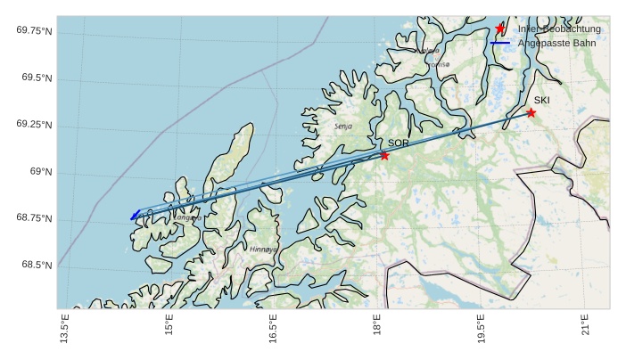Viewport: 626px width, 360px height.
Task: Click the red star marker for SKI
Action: (x=531, y=112)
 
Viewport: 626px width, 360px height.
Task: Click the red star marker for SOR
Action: (x=384, y=155)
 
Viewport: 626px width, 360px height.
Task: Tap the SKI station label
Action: (x=542, y=100)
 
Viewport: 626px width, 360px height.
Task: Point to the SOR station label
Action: (x=398, y=143)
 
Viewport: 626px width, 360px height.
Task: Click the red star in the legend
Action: (x=500, y=29)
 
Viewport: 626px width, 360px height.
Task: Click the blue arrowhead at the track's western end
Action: (x=133, y=217)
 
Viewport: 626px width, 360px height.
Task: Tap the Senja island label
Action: (x=343, y=127)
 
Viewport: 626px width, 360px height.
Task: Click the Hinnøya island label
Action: (x=263, y=250)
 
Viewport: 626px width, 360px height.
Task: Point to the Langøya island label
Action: (x=187, y=217)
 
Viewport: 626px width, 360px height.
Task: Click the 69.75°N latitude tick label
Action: (x=34, y=31)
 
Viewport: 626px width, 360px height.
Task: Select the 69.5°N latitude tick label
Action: (x=37, y=78)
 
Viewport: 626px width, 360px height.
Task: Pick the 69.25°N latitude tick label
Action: (x=34, y=125)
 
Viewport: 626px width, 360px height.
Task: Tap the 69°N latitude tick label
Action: (x=41, y=172)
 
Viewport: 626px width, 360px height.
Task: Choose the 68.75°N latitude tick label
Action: (x=34, y=218)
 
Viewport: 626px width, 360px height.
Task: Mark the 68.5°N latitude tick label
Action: (x=37, y=266)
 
